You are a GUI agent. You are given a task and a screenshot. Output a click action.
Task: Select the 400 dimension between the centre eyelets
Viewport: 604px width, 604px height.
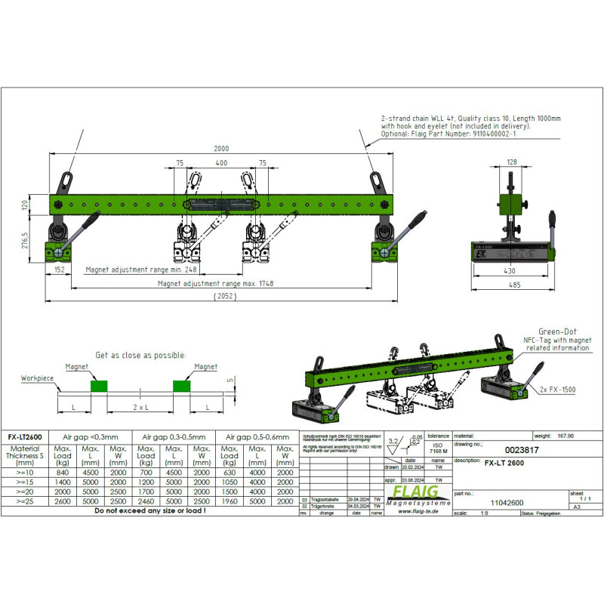(x=220, y=162)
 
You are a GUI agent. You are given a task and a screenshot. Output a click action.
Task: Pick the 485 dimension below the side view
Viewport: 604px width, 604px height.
(x=516, y=285)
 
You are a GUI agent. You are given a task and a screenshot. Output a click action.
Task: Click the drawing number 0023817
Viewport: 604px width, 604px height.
(x=520, y=449)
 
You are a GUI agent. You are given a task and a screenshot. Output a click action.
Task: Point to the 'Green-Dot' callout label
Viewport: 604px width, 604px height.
(x=557, y=331)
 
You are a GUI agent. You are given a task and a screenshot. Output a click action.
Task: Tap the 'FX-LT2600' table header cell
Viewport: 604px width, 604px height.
(x=24, y=436)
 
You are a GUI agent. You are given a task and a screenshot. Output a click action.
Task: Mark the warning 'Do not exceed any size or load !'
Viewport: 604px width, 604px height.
(x=149, y=511)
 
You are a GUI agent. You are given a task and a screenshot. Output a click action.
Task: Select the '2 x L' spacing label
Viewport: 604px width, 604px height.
(x=140, y=407)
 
